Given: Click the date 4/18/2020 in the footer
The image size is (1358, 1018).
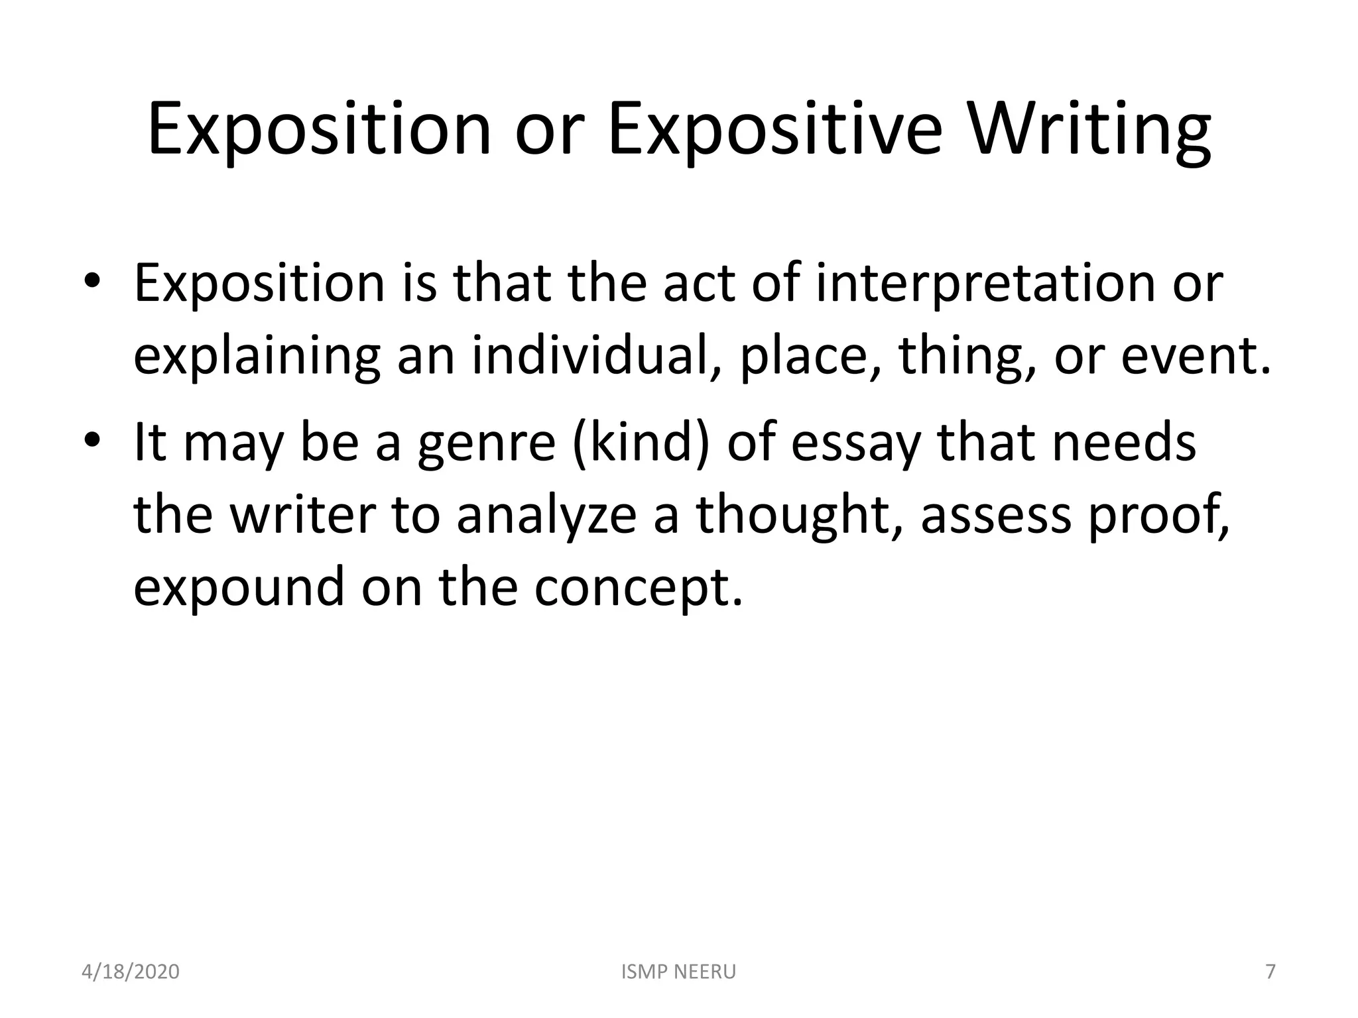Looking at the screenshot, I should pos(131,972).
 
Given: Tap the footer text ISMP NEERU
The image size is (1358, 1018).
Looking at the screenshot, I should pos(679,972).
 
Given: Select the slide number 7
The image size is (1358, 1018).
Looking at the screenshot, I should pos(1270,972).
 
